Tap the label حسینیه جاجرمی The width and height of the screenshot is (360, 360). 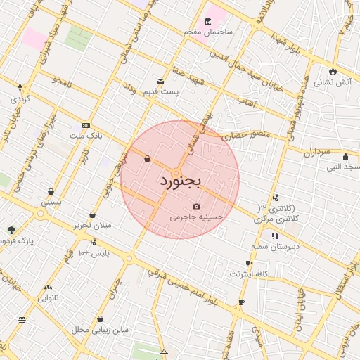pos(196,217)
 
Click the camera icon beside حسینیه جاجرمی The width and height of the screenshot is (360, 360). pos(196,206)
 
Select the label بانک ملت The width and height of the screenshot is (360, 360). pos(86,134)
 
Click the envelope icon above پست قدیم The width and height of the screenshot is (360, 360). pos(161,82)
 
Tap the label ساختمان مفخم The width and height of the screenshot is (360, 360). pos(208,32)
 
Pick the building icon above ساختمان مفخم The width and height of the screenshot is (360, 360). pos(207,22)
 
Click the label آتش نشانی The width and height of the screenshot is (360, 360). pos(333,82)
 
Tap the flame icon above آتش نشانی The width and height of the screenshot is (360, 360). pos(333,71)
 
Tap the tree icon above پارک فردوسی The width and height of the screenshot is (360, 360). pos(11,230)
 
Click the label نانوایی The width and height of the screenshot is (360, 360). pos(48,297)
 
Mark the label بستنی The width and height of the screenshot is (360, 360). pos(51,202)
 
